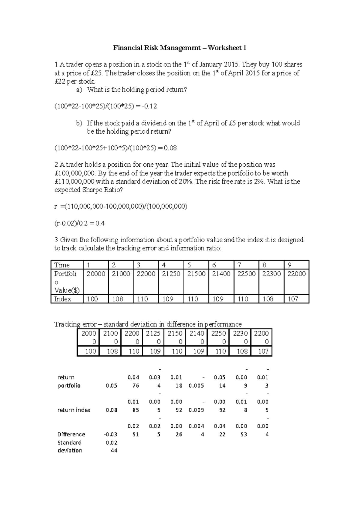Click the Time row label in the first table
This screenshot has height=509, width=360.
pyautogui.click(x=62, y=265)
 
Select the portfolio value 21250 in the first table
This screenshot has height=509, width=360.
pyautogui.click(x=171, y=274)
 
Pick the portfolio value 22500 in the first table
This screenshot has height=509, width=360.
pyautogui.click(x=246, y=274)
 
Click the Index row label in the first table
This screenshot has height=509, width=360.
pyautogui.click(x=63, y=299)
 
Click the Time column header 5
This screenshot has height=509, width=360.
pyautogui.click(x=189, y=265)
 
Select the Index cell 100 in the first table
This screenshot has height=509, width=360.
pyautogui.click(x=92, y=299)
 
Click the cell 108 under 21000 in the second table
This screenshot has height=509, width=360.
pyautogui.click(x=112, y=351)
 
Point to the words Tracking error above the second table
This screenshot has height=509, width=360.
pyautogui.click(x=75, y=324)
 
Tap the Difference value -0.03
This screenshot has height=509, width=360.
pyautogui.click(x=110, y=434)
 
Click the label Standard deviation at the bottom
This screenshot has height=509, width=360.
pyautogui.click(x=70, y=446)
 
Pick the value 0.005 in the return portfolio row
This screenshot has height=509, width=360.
pyautogui.click(x=196, y=386)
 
